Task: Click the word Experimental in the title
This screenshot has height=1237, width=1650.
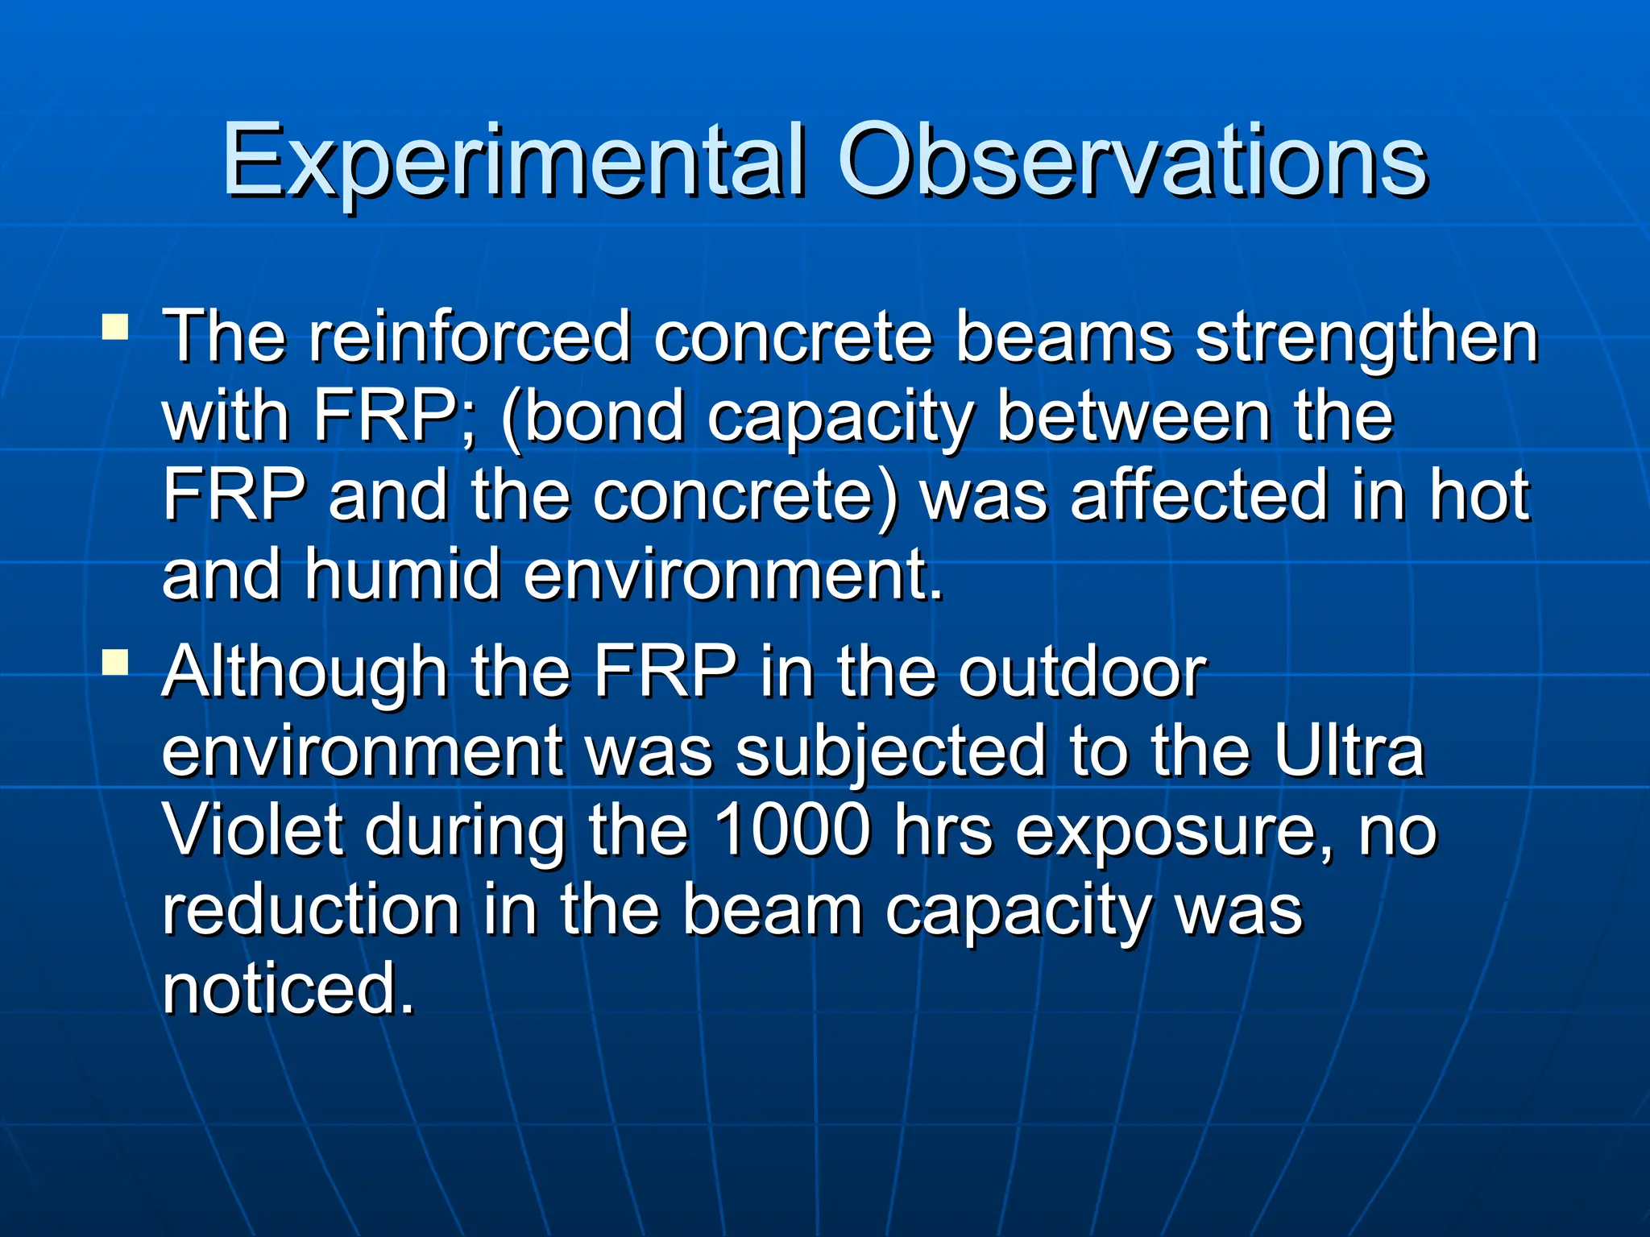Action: tap(513, 161)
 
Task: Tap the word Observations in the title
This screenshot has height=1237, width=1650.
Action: tap(1132, 161)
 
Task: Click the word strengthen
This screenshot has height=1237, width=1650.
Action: tap(1367, 338)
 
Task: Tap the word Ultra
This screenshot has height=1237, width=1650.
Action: tap(1349, 751)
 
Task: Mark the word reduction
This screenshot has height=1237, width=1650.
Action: tap(311, 909)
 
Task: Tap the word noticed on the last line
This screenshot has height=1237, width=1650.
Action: tap(288, 988)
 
